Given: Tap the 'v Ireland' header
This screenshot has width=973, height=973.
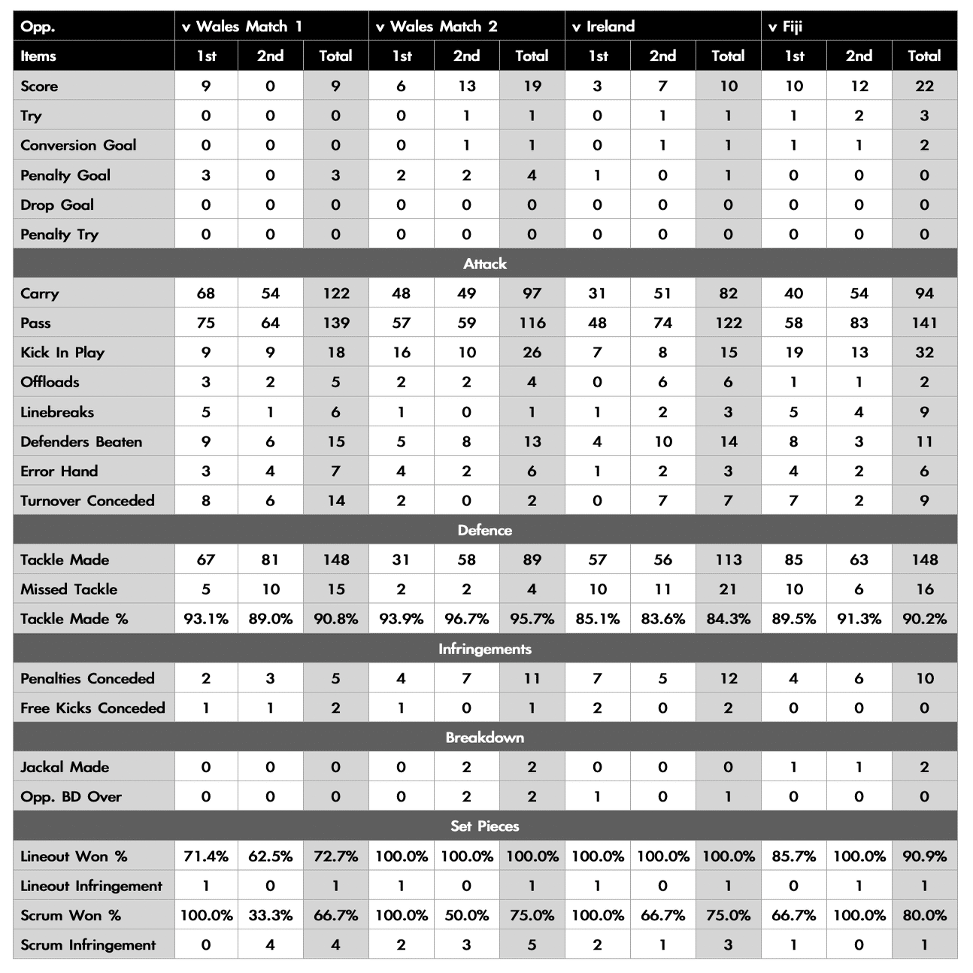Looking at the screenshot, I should [x=603, y=26].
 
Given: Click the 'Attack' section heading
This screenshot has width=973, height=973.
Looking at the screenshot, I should [x=485, y=264].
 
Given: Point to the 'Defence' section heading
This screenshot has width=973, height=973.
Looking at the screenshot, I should [x=485, y=530].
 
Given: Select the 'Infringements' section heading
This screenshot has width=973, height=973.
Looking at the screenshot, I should [x=485, y=649].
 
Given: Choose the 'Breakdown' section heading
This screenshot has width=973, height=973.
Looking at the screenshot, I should [x=485, y=738].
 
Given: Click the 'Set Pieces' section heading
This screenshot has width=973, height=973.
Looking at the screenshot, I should [x=485, y=826].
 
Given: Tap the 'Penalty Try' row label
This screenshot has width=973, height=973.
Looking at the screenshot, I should [x=59, y=235].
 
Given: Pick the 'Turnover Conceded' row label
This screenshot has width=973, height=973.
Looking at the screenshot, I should [x=87, y=501].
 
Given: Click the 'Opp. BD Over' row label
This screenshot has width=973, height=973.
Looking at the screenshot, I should [x=71, y=797].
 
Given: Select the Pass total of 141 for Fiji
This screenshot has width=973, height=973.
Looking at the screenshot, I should [x=924, y=323].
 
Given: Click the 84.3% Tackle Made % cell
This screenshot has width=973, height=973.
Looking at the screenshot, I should [x=728, y=619].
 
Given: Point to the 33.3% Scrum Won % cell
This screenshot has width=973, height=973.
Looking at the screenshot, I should [x=270, y=916].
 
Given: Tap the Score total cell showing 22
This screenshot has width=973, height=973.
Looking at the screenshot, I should [x=924, y=86].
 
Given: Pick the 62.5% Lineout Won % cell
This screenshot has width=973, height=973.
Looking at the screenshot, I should [x=270, y=856].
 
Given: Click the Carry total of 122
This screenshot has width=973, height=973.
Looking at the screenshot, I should [x=335, y=294].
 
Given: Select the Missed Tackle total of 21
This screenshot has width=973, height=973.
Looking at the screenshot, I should [x=728, y=590].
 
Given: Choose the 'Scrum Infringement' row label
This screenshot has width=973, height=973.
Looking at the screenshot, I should [x=88, y=945].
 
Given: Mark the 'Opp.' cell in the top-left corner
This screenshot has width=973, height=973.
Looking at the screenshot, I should [x=38, y=26].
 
